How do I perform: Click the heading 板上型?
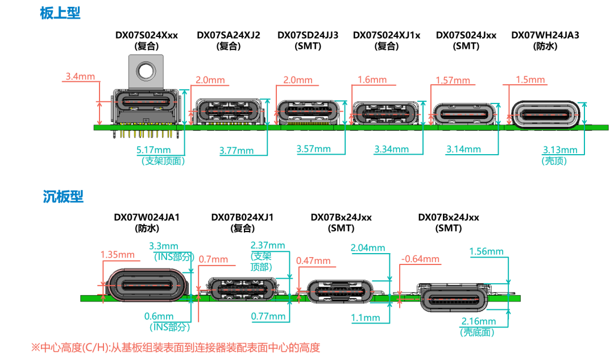pyautogui.click(x=60, y=13)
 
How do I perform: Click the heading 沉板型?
pyautogui.click(x=63, y=197)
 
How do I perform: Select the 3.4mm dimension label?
pyautogui.click(x=80, y=76)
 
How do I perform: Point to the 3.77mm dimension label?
pyautogui.click(x=237, y=151)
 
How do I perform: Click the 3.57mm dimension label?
pyautogui.click(x=314, y=149)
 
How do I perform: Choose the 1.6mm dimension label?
pyautogui.click(x=372, y=80)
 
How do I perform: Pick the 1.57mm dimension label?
pyautogui.click(x=453, y=81)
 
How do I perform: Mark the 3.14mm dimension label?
pyautogui.click(x=464, y=150)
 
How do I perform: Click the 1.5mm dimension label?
pyautogui.click(x=530, y=80)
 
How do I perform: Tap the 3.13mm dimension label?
pyautogui.click(x=560, y=150)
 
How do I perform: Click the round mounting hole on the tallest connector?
pyautogui.click(x=146, y=71)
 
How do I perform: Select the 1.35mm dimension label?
pyautogui.click(x=117, y=255)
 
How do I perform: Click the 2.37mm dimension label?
pyautogui.click(x=268, y=245)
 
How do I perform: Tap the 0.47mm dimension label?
pyautogui.click(x=313, y=261)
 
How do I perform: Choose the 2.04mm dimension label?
pyautogui.click(x=368, y=248)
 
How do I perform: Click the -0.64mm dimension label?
pyautogui.click(x=420, y=259)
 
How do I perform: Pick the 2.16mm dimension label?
pyautogui.click(x=479, y=321)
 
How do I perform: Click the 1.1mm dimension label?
pyautogui.click(x=366, y=318)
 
